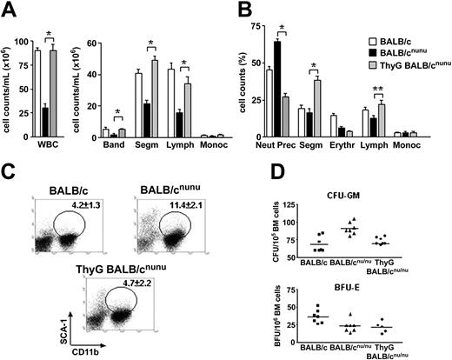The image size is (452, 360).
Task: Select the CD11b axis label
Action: (x=89, y=350)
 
